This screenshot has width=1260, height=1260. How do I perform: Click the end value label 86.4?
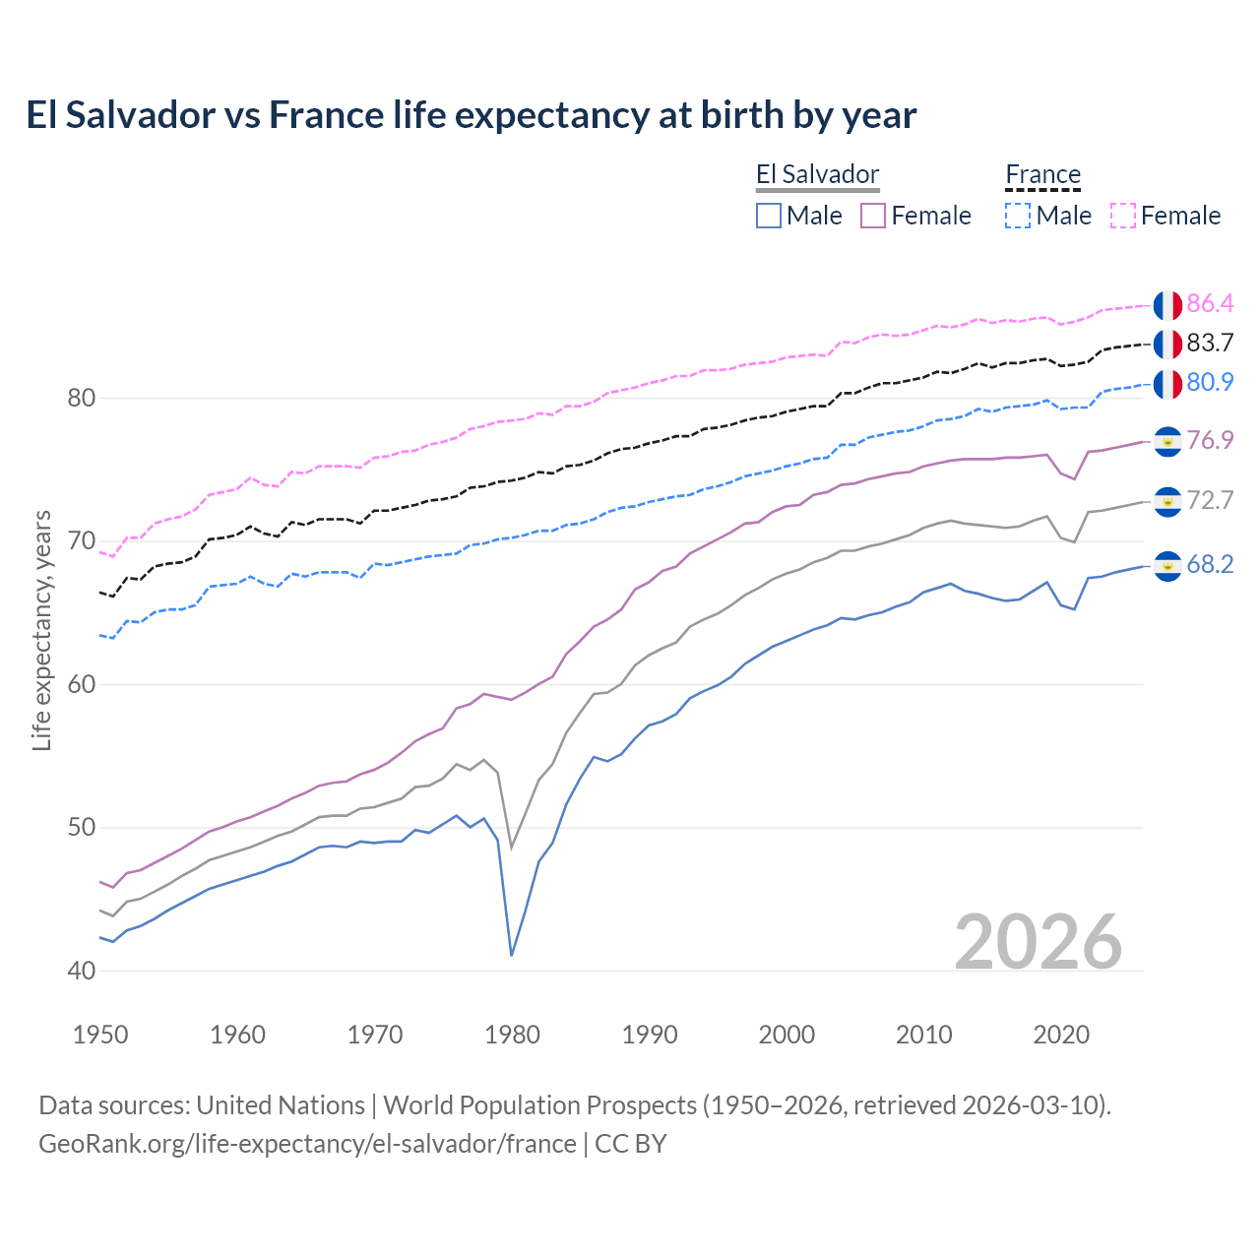click(x=1210, y=303)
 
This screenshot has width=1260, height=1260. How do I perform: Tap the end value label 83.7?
click(x=1210, y=343)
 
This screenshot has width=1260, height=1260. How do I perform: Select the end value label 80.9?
click(x=1210, y=382)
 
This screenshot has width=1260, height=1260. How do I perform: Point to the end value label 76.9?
click(x=1210, y=440)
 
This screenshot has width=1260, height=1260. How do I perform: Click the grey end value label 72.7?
click(x=1210, y=500)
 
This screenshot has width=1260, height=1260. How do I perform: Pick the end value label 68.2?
click(x=1210, y=564)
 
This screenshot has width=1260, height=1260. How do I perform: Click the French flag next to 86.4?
click(x=1167, y=305)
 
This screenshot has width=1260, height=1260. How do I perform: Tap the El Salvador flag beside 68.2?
click(x=1167, y=566)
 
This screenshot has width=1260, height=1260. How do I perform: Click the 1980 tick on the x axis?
click(x=513, y=1035)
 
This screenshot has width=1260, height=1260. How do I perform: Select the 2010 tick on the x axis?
click(x=924, y=1035)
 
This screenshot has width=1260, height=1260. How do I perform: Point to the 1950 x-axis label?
click(x=101, y=1035)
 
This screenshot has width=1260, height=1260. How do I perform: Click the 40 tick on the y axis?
click(x=82, y=971)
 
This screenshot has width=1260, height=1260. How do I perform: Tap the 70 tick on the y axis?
click(x=82, y=541)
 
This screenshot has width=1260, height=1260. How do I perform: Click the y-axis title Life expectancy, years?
click(x=42, y=630)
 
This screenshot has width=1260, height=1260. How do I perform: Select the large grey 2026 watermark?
click(x=1039, y=942)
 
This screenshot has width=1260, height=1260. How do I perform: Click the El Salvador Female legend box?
click(x=873, y=216)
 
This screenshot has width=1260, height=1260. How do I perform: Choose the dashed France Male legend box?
click(x=1018, y=216)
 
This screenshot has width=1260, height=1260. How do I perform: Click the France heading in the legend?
click(x=1042, y=175)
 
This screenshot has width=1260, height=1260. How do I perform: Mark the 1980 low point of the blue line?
click(x=512, y=955)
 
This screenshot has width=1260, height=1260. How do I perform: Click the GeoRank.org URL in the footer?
click(x=307, y=1144)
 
